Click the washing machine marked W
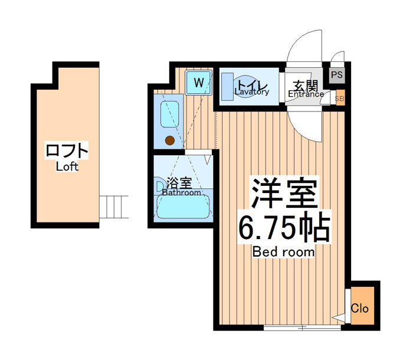click(198, 83)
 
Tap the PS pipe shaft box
click(337, 75)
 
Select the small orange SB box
click(340, 99)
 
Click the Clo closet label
click(359, 308)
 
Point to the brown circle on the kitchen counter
click(170, 140)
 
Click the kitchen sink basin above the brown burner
click(170, 114)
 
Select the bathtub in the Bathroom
click(183, 207)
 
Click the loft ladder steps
click(114, 207)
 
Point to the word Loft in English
click(67, 166)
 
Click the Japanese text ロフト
click(67, 150)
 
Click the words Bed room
click(283, 252)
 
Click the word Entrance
click(306, 94)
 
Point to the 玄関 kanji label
click(306, 86)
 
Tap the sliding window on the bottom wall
click(302, 328)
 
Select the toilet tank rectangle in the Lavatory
click(227, 87)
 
